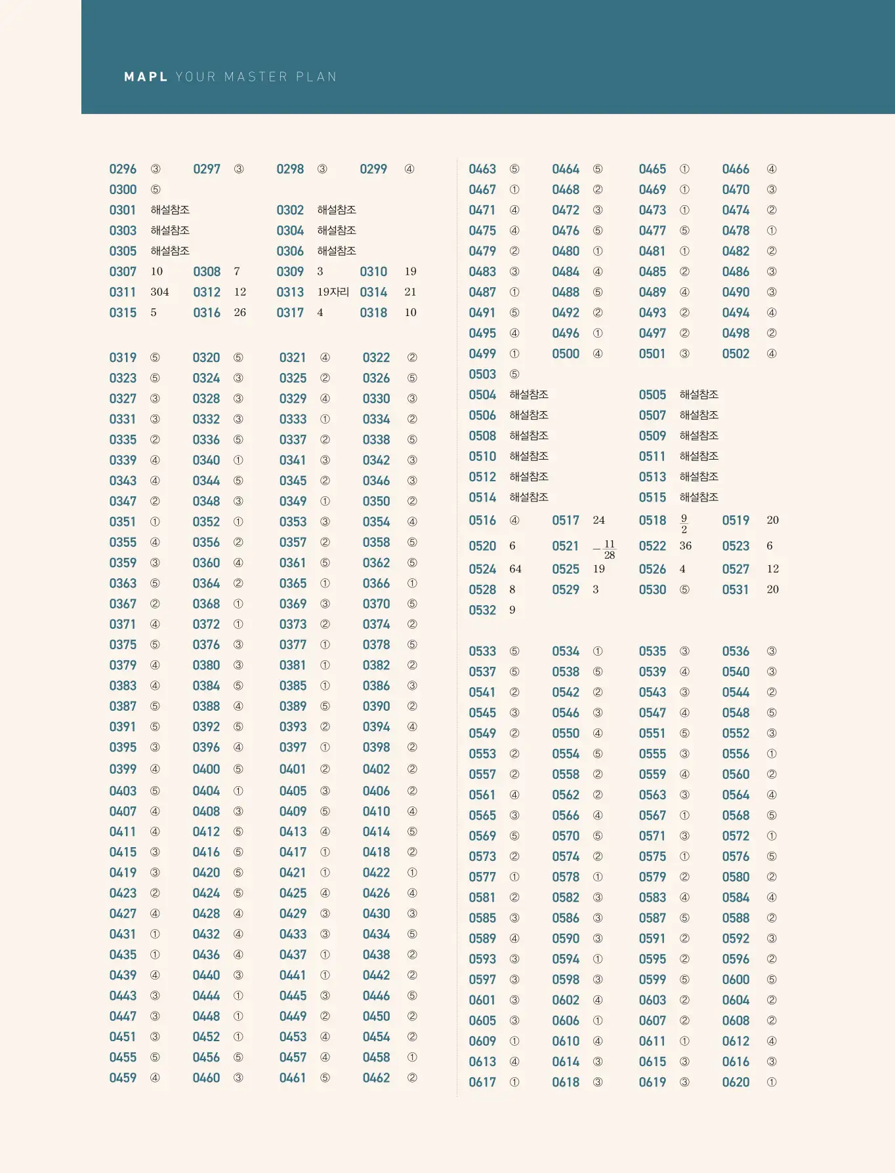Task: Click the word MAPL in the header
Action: coord(146,77)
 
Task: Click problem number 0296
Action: coord(123,169)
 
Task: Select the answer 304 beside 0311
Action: coord(159,292)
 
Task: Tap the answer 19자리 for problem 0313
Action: coord(333,292)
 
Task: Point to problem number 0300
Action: coord(123,189)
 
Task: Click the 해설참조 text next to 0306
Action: coord(337,251)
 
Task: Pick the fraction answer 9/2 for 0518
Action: coord(684,523)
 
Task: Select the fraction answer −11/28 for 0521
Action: coord(605,549)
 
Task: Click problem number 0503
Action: coord(482,374)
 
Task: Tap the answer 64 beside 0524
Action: coord(515,569)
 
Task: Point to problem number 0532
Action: coord(482,610)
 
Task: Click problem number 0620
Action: coord(736,1083)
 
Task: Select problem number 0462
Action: coord(376,1078)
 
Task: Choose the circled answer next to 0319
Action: coord(155,358)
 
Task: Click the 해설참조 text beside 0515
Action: coord(699,498)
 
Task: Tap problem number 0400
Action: coord(206,769)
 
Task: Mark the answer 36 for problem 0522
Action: coord(686,546)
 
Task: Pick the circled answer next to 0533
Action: coord(514,652)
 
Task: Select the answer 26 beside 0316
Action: coord(239,313)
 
